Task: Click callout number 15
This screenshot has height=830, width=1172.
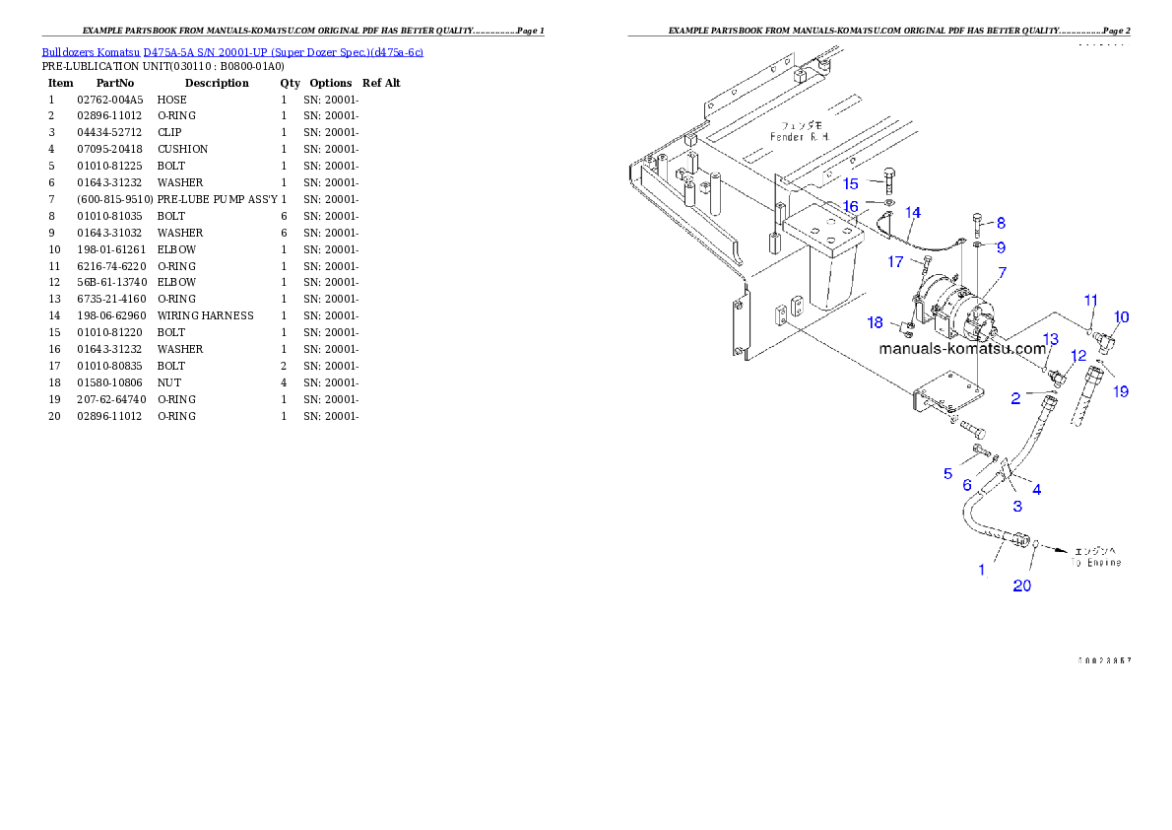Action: [851, 183]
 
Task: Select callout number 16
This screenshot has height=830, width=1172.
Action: [851, 206]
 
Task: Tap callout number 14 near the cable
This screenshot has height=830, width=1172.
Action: [913, 212]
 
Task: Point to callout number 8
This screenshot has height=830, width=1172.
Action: [1001, 224]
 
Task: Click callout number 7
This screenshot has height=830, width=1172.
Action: [1001, 271]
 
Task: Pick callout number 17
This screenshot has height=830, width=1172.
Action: [895, 262]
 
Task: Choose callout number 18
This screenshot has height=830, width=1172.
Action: [875, 322]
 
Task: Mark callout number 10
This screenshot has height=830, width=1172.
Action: [1122, 316]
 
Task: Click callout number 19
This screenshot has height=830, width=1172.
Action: [1121, 391]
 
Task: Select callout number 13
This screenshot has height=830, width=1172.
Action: [1051, 339]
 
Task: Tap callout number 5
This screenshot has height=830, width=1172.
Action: [947, 473]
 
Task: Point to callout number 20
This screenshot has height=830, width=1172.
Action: [1023, 586]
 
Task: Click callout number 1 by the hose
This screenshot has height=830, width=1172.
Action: [981, 569]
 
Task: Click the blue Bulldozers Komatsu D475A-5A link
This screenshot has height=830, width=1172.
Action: [232, 52]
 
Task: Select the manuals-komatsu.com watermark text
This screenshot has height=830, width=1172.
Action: [961, 349]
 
